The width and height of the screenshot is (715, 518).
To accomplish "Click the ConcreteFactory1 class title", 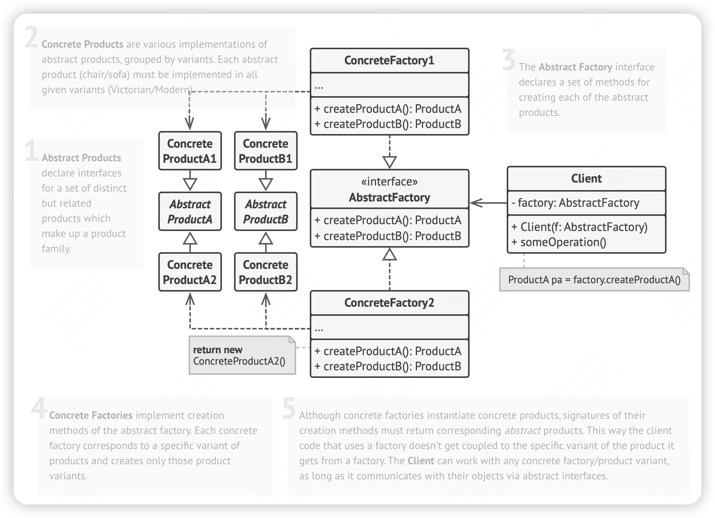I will (x=389, y=61).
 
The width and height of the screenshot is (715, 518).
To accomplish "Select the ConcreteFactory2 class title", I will (x=389, y=303).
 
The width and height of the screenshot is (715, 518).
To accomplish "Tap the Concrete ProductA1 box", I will (x=190, y=151).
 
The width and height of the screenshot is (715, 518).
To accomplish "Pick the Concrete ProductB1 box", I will (x=265, y=151).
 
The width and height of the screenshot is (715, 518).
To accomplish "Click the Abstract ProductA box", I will (x=190, y=211).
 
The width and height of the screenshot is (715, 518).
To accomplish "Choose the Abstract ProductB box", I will (x=265, y=211).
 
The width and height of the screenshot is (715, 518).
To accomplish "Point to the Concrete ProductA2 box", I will (x=190, y=272).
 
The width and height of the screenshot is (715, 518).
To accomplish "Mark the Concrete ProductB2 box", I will (x=265, y=272).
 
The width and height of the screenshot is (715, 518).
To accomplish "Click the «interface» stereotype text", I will (x=389, y=182).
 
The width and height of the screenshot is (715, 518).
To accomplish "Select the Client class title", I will (x=586, y=178).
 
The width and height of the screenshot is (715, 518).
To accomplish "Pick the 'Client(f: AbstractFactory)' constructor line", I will (x=579, y=227).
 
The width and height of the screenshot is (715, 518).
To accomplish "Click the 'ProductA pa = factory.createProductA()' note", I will (x=594, y=280).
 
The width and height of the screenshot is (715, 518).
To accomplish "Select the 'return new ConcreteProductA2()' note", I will (x=239, y=356).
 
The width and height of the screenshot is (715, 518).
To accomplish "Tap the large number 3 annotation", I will (x=509, y=61).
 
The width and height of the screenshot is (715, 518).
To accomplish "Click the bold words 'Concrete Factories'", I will (x=91, y=415).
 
